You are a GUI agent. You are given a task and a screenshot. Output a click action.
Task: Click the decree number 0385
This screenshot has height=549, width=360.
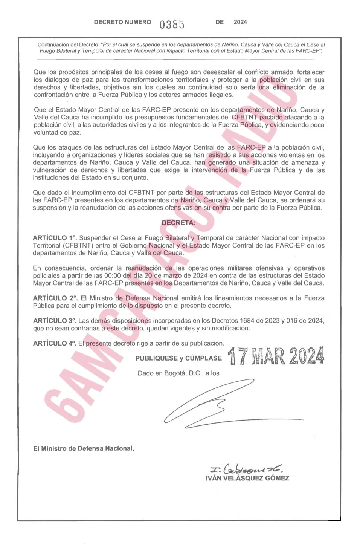point(172,24)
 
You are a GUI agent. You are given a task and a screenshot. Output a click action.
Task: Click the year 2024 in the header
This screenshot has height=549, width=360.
point(240,22)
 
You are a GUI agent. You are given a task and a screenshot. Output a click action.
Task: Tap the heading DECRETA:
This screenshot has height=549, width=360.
point(178,223)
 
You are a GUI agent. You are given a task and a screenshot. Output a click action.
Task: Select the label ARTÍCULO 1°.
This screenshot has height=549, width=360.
point(55,238)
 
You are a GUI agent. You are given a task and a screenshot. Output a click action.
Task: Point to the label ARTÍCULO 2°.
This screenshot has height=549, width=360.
point(55,298)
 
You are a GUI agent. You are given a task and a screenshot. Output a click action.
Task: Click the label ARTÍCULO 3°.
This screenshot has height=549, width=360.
point(55,321)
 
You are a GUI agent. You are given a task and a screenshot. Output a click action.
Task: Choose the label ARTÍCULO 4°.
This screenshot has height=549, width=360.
point(55,343)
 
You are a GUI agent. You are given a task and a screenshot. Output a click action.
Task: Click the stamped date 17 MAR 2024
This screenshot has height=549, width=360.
point(276,356)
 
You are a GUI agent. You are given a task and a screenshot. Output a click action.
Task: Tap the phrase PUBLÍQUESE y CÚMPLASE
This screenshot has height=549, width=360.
point(178,358)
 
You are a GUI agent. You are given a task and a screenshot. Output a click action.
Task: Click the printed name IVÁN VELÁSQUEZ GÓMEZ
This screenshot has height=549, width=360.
point(247,478)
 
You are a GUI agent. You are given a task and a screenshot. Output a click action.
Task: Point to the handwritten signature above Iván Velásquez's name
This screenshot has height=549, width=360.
point(246,469)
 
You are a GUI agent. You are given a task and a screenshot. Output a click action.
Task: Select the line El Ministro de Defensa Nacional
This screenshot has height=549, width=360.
point(84,448)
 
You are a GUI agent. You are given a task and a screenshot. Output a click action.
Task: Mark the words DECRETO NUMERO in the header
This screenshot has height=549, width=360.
point(122,22)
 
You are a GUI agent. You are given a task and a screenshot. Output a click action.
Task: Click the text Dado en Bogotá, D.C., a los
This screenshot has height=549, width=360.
point(178,373)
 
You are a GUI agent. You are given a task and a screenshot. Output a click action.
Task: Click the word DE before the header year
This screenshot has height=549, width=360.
point(220,22)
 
